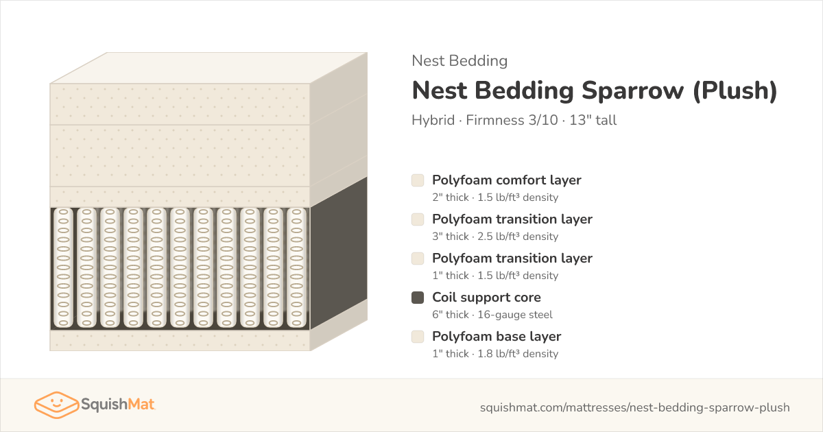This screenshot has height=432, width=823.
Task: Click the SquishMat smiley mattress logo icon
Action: point(56,405)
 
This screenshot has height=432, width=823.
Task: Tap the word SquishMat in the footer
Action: point(118,404)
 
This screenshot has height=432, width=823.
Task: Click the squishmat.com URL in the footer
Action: point(635,407)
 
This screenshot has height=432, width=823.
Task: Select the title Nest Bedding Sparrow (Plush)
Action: point(595,91)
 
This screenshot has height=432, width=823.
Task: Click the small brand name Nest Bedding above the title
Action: point(460,61)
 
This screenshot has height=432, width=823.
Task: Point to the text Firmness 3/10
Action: point(512,120)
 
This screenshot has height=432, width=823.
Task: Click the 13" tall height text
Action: point(593,120)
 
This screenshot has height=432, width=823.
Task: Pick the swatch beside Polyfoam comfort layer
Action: point(418,180)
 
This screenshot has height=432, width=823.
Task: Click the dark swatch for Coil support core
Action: point(418,298)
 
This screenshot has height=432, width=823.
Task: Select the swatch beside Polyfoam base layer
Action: point(418,337)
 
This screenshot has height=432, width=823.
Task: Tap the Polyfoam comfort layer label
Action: point(507,180)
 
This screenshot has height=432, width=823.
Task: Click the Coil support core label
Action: point(486,298)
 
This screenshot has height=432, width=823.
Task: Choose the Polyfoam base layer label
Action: point(497,337)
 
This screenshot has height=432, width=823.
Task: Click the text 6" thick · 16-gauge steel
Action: point(492,315)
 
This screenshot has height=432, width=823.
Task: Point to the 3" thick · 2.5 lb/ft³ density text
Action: point(495,237)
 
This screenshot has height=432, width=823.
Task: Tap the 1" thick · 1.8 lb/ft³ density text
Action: point(495,354)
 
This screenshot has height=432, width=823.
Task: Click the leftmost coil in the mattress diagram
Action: point(63,268)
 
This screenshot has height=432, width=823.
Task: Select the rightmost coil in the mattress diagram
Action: point(296,268)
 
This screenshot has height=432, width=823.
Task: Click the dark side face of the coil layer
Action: point(339,254)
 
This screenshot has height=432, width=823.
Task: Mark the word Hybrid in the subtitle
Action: point(433,120)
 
